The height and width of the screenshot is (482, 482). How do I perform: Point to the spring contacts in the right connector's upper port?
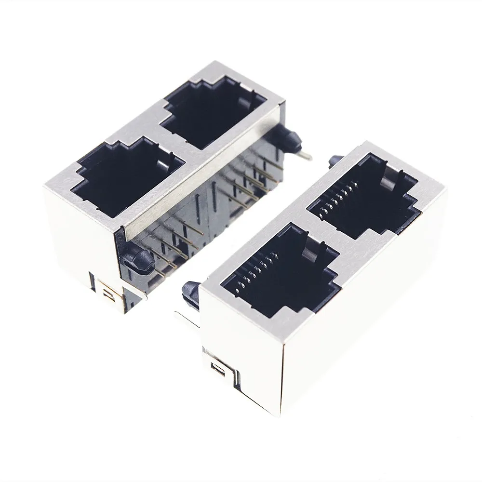point(340,198)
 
